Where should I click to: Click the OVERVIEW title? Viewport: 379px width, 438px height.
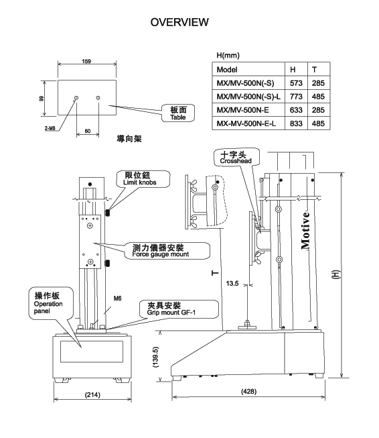(x=179, y=22)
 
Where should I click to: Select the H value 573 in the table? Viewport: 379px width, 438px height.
(x=296, y=83)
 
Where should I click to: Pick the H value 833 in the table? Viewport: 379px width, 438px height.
(x=296, y=123)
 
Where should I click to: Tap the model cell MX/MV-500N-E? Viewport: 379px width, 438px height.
(x=242, y=110)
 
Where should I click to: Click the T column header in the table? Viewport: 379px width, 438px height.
(x=314, y=70)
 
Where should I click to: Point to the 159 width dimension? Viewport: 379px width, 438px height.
(x=86, y=61)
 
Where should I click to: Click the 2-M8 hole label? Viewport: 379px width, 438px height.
(x=50, y=128)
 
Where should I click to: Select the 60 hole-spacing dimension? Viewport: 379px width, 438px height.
(x=88, y=131)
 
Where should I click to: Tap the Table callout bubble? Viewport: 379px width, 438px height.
(x=178, y=113)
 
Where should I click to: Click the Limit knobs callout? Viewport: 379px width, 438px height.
(x=143, y=179)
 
